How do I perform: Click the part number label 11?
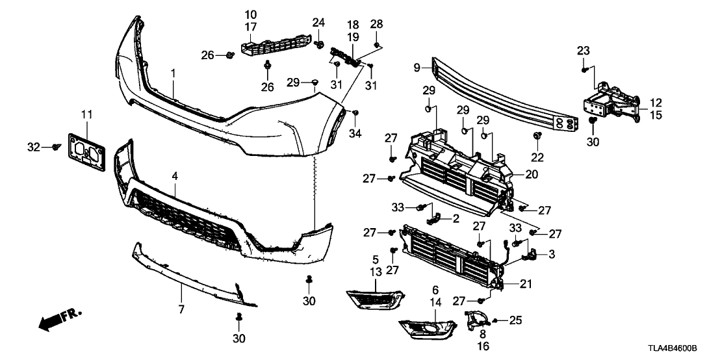[87, 115]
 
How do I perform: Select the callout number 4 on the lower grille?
[175, 175]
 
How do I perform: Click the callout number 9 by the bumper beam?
[417, 67]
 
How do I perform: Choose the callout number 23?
[583, 51]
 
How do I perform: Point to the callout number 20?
[532, 174]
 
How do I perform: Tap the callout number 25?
[515, 320]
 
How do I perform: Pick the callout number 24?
[318, 23]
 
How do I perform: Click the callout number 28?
[378, 25]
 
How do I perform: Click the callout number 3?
[551, 254]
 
